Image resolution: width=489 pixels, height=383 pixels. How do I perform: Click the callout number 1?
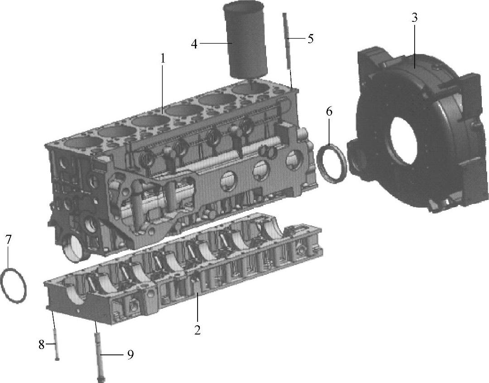point(163,58)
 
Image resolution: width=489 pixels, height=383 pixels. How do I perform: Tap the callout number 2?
point(197,330)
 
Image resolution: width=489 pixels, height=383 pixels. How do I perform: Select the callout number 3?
point(414,18)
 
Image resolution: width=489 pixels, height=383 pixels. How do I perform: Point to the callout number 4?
point(194,44)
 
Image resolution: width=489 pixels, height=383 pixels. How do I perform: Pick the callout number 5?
point(310,39)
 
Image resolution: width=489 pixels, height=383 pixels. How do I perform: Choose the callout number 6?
point(329,111)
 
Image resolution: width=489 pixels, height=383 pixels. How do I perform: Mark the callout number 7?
point(8,239)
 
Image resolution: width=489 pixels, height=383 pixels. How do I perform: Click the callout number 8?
point(41,345)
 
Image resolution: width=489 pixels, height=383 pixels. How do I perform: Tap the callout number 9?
point(131,354)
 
